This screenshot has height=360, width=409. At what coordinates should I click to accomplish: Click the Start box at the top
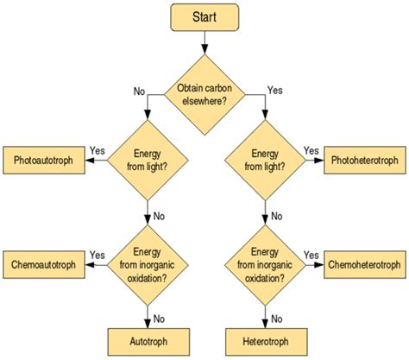click(204, 17)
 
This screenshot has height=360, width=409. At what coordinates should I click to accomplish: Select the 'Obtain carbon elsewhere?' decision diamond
click(204, 93)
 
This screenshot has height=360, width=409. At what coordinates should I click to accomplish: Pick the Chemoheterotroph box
click(363, 262)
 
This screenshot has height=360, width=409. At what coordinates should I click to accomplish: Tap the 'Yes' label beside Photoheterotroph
click(311, 150)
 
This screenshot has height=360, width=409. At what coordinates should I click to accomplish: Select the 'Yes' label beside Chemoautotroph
click(97, 254)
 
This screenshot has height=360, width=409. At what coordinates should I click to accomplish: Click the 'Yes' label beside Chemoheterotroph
click(311, 254)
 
